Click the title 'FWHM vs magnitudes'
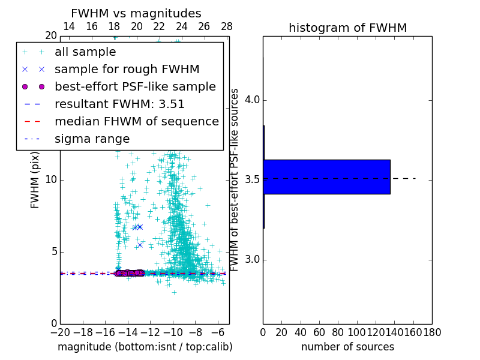[136, 13]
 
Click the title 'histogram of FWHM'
[347, 28]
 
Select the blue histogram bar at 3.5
[326, 177]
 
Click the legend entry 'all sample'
[85, 52]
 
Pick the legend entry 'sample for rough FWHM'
[127, 69]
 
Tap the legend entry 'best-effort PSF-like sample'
[135, 86]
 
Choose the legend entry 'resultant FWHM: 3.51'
[119, 104]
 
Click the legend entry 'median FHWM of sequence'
[137, 121]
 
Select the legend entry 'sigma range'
[92, 139]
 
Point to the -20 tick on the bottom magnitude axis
[60, 332]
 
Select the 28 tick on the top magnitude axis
[227, 26]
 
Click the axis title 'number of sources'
[347, 347]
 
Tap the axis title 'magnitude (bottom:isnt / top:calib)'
[145, 347]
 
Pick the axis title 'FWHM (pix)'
[35, 180]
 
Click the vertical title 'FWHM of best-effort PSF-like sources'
[235, 180]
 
